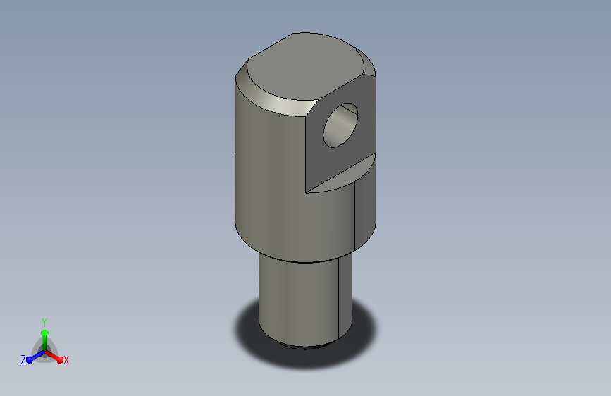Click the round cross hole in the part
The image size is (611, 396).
point(340,125)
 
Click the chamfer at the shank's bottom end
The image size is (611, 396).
point(306,346)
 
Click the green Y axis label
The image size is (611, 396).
point(44,323)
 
